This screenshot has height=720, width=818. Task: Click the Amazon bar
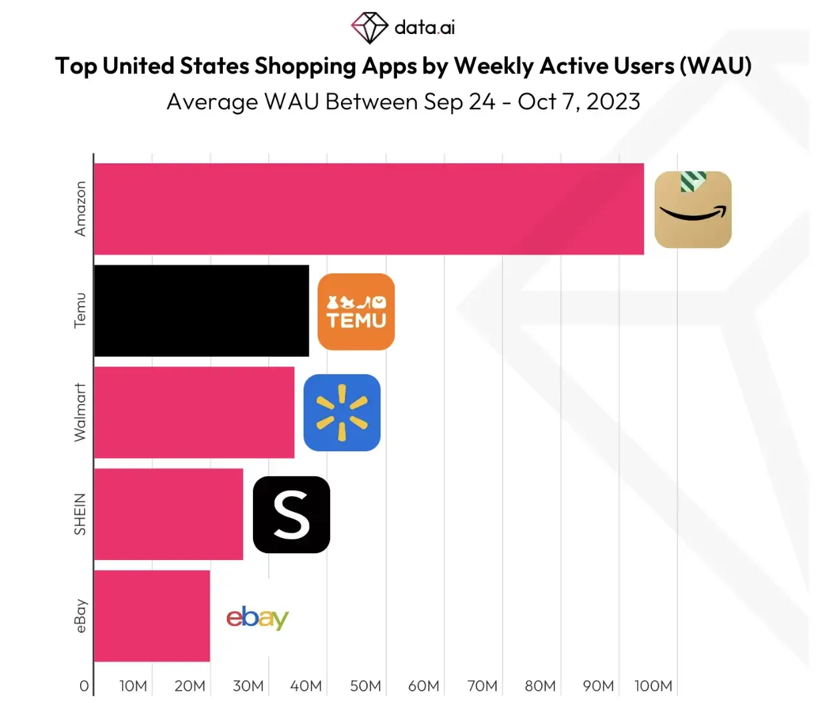click(x=368, y=209)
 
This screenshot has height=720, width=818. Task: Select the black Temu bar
click(x=201, y=311)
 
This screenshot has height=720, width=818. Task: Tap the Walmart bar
click(x=194, y=412)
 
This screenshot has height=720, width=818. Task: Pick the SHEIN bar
click(x=168, y=514)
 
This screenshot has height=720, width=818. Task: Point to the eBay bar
click(x=152, y=616)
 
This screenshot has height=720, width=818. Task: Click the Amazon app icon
click(x=693, y=209)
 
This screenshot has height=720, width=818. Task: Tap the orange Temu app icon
click(x=356, y=312)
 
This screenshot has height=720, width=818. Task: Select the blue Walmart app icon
click(x=342, y=413)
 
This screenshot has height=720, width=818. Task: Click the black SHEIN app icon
click(x=291, y=515)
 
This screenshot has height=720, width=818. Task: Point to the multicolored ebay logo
click(x=258, y=617)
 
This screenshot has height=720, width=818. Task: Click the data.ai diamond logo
click(x=370, y=28)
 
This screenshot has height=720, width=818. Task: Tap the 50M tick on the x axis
click(x=366, y=686)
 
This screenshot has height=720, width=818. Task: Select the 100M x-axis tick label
click(x=653, y=686)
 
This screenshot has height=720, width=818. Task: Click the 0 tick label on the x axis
click(x=84, y=686)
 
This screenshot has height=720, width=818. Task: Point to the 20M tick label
click(x=189, y=686)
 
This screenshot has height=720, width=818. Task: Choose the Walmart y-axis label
click(x=80, y=412)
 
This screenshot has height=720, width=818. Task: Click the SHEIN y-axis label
click(x=80, y=514)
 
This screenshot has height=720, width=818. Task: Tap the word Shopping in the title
click(x=305, y=67)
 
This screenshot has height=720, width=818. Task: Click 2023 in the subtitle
click(x=613, y=101)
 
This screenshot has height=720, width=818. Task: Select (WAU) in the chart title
click(x=715, y=66)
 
